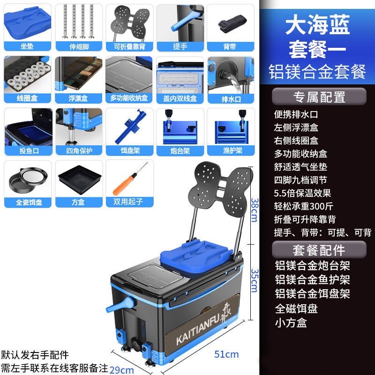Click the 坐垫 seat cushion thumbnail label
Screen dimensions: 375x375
click(27, 46)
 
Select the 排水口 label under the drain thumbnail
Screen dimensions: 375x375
click(231, 99)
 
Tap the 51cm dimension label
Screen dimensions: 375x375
click(226, 354)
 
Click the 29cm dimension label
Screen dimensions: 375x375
click(121, 370)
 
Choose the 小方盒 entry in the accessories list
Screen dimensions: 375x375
click(291, 322)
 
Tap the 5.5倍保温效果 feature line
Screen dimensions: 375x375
click(303, 193)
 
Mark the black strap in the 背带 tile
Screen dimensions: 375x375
click(232, 22)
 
